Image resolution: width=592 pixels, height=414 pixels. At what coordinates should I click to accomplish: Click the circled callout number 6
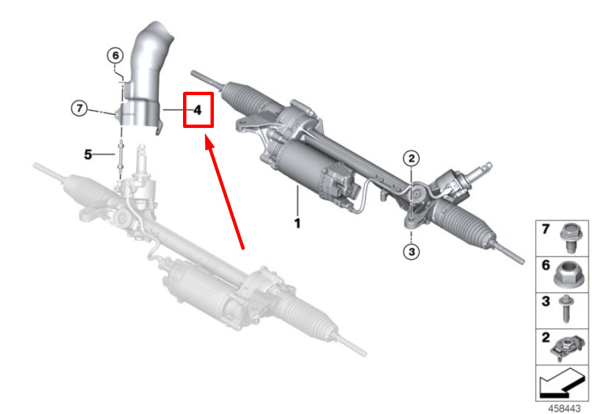click(115, 56)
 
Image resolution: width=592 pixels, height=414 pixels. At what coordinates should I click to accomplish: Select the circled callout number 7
click(79, 109)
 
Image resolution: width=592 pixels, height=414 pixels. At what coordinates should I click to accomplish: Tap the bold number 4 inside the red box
click(198, 110)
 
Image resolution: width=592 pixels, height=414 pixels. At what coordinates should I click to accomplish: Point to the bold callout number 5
click(88, 154)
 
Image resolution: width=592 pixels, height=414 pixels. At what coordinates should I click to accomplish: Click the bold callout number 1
click(298, 223)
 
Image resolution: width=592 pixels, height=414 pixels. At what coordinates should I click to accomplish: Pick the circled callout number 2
click(412, 158)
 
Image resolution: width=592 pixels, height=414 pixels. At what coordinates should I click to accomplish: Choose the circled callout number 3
click(412, 251)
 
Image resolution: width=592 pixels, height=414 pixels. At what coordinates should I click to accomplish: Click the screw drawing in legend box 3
click(566, 309)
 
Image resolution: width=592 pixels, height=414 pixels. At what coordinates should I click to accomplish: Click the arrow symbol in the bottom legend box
click(561, 383)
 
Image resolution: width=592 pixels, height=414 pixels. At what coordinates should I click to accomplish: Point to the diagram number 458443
click(564, 409)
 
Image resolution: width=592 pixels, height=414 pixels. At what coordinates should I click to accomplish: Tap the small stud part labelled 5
click(121, 155)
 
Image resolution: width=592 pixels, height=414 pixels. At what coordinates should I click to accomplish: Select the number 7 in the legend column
click(545, 228)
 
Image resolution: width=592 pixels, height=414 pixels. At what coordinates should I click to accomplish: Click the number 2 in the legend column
click(546, 338)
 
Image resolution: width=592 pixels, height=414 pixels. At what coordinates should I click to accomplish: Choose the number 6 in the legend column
click(546, 265)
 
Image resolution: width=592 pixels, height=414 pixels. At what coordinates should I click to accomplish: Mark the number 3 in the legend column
click(546, 301)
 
